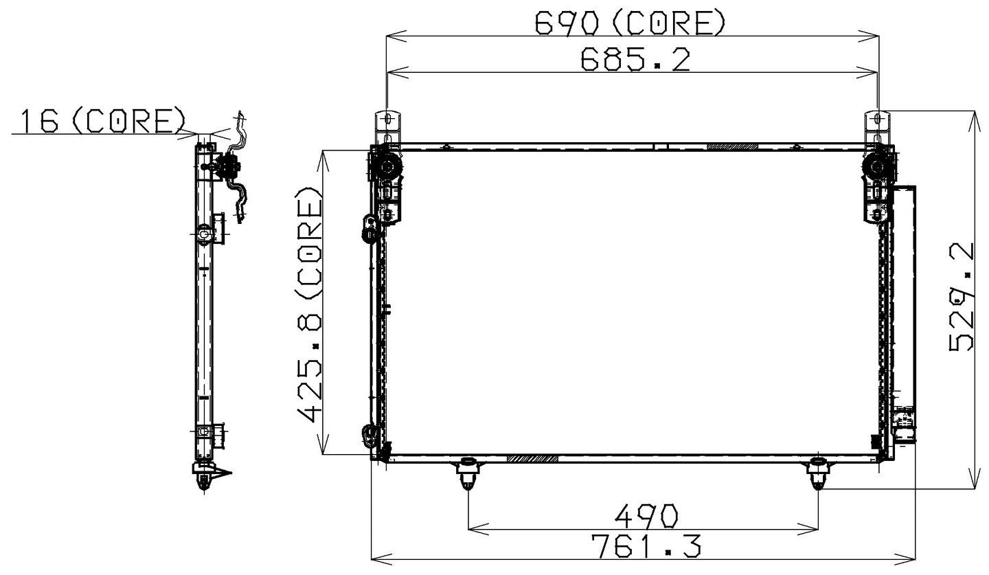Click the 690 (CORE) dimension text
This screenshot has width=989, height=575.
[x=630, y=24]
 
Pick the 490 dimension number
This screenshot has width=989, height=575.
[x=646, y=515]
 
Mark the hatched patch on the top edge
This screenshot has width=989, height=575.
[x=732, y=146]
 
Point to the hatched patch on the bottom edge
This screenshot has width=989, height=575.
[x=532, y=458]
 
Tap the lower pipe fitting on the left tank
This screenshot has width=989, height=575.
[x=370, y=433]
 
